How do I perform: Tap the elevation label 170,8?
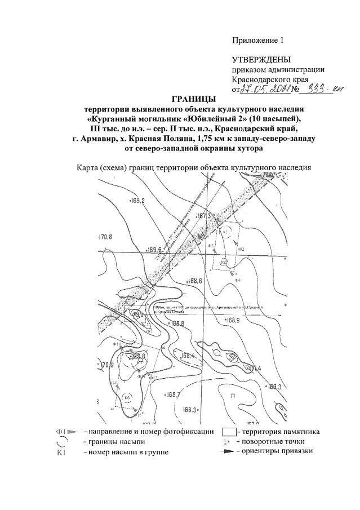click(106, 237)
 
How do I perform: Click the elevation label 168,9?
click(232, 321)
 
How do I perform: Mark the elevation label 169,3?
click(273, 387)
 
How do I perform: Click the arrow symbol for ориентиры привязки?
click(228, 452)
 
